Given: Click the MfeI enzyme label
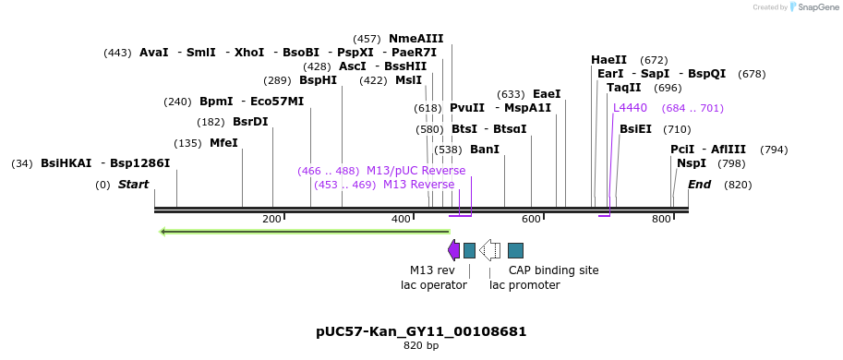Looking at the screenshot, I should (223, 143).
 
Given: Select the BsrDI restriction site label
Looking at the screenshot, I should (250, 122).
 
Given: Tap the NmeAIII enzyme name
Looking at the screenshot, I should (415, 39).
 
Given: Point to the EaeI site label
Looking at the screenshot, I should (547, 94).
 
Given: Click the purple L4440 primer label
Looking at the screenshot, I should (630, 108).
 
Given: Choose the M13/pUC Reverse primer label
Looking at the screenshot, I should (415, 171).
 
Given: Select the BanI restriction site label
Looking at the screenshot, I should (485, 150).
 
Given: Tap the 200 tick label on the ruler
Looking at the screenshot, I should (271, 219).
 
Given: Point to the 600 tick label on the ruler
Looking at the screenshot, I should (531, 219).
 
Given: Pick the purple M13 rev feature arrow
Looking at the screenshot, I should (453, 250).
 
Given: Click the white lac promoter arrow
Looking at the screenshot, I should (489, 250).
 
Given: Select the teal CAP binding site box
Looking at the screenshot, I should (515, 250).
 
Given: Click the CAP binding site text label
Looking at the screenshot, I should (553, 270).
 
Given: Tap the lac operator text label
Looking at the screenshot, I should (427, 285).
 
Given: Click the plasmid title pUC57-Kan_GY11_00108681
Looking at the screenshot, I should (421, 331).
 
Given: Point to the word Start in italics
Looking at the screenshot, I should (133, 185).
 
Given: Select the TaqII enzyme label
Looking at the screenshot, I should (624, 88).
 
